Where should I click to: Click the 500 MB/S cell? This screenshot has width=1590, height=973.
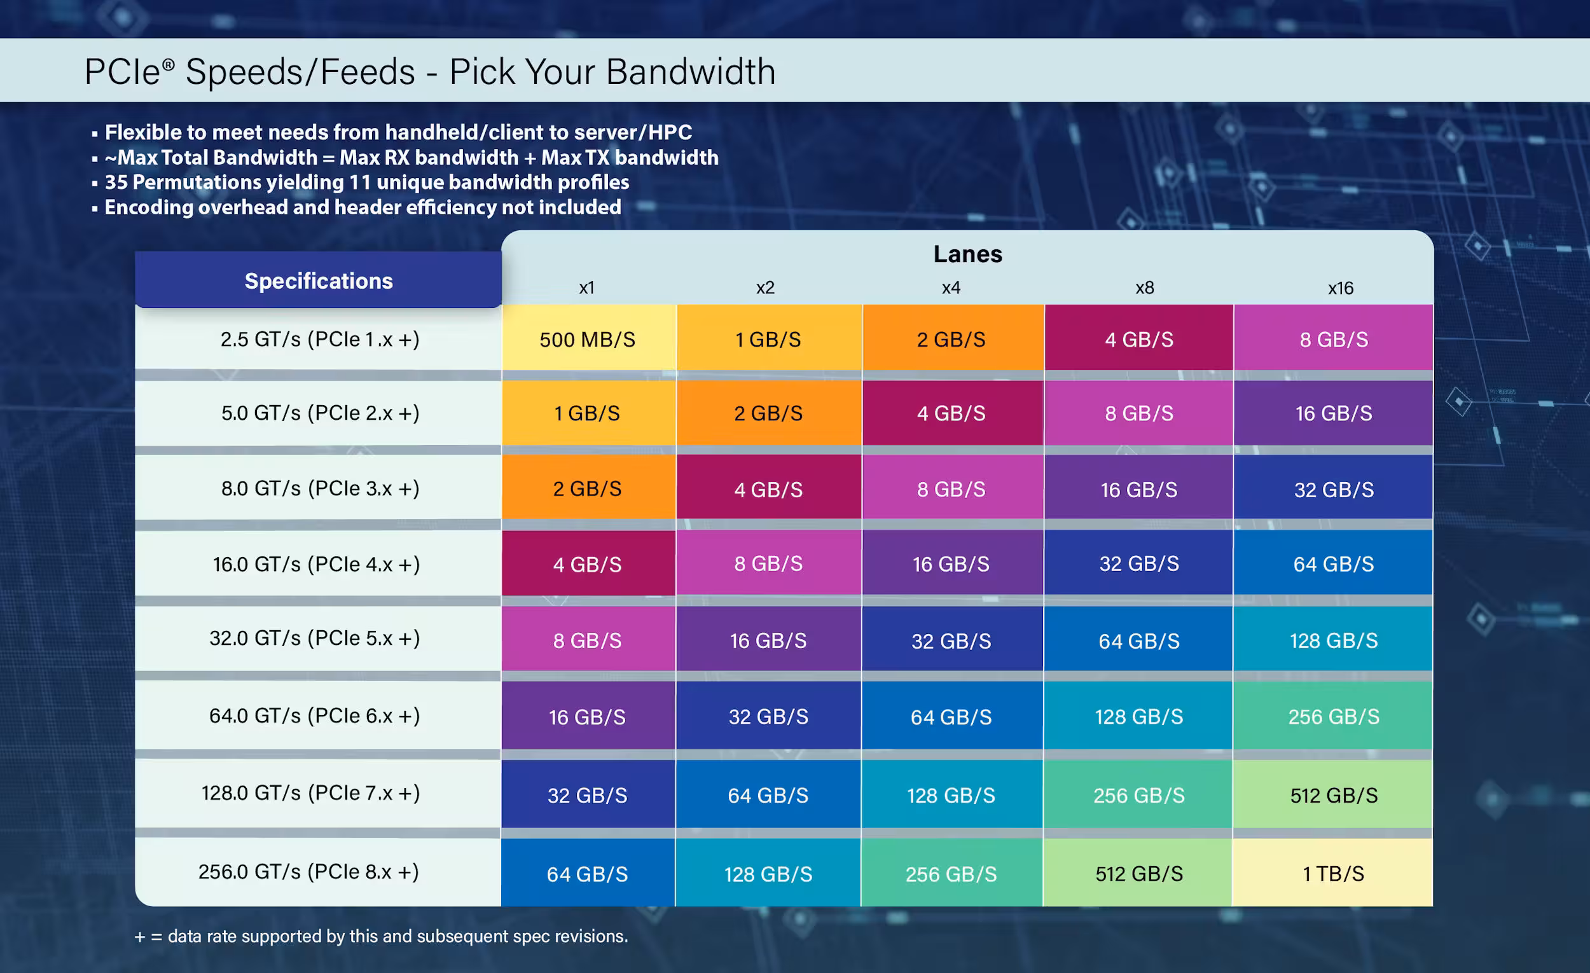pyautogui.click(x=587, y=340)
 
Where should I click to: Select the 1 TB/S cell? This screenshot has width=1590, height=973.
pyautogui.click(x=1333, y=874)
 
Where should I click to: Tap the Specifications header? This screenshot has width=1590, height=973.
pyautogui.click(x=318, y=280)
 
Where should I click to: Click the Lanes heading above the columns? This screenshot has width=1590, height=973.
pyautogui.click(x=967, y=254)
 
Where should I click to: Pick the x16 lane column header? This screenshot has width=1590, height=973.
pyautogui.click(x=1340, y=288)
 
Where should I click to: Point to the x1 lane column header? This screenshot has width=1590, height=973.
pyautogui.click(x=586, y=288)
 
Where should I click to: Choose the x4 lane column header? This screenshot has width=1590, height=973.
pyautogui.click(x=951, y=288)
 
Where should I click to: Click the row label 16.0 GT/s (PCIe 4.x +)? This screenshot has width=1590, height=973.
pyautogui.click(x=316, y=564)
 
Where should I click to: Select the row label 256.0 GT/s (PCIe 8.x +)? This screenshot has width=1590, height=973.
pyautogui.click(x=308, y=872)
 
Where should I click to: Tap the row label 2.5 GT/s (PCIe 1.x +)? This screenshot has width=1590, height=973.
pyautogui.click(x=319, y=340)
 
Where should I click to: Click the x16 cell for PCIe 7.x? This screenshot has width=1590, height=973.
pyautogui.click(x=1333, y=795)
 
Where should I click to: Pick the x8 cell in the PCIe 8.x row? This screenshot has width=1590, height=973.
pyautogui.click(x=1139, y=874)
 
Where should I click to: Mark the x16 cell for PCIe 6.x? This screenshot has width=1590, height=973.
pyautogui.click(x=1333, y=717)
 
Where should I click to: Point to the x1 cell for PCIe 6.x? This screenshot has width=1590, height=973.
pyautogui.click(x=587, y=717)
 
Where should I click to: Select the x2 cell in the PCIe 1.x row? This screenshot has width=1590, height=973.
pyautogui.click(x=768, y=340)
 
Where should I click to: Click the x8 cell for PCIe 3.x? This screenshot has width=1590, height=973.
pyautogui.click(x=1139, y=490)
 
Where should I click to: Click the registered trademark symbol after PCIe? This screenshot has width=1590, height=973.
pyautogui.click(x=168, y=64)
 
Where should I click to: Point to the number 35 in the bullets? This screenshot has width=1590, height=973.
pyautogui.click(x=116, y=183)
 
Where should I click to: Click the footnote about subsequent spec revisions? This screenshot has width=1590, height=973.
pyautogui.click(x=381, y=936)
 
